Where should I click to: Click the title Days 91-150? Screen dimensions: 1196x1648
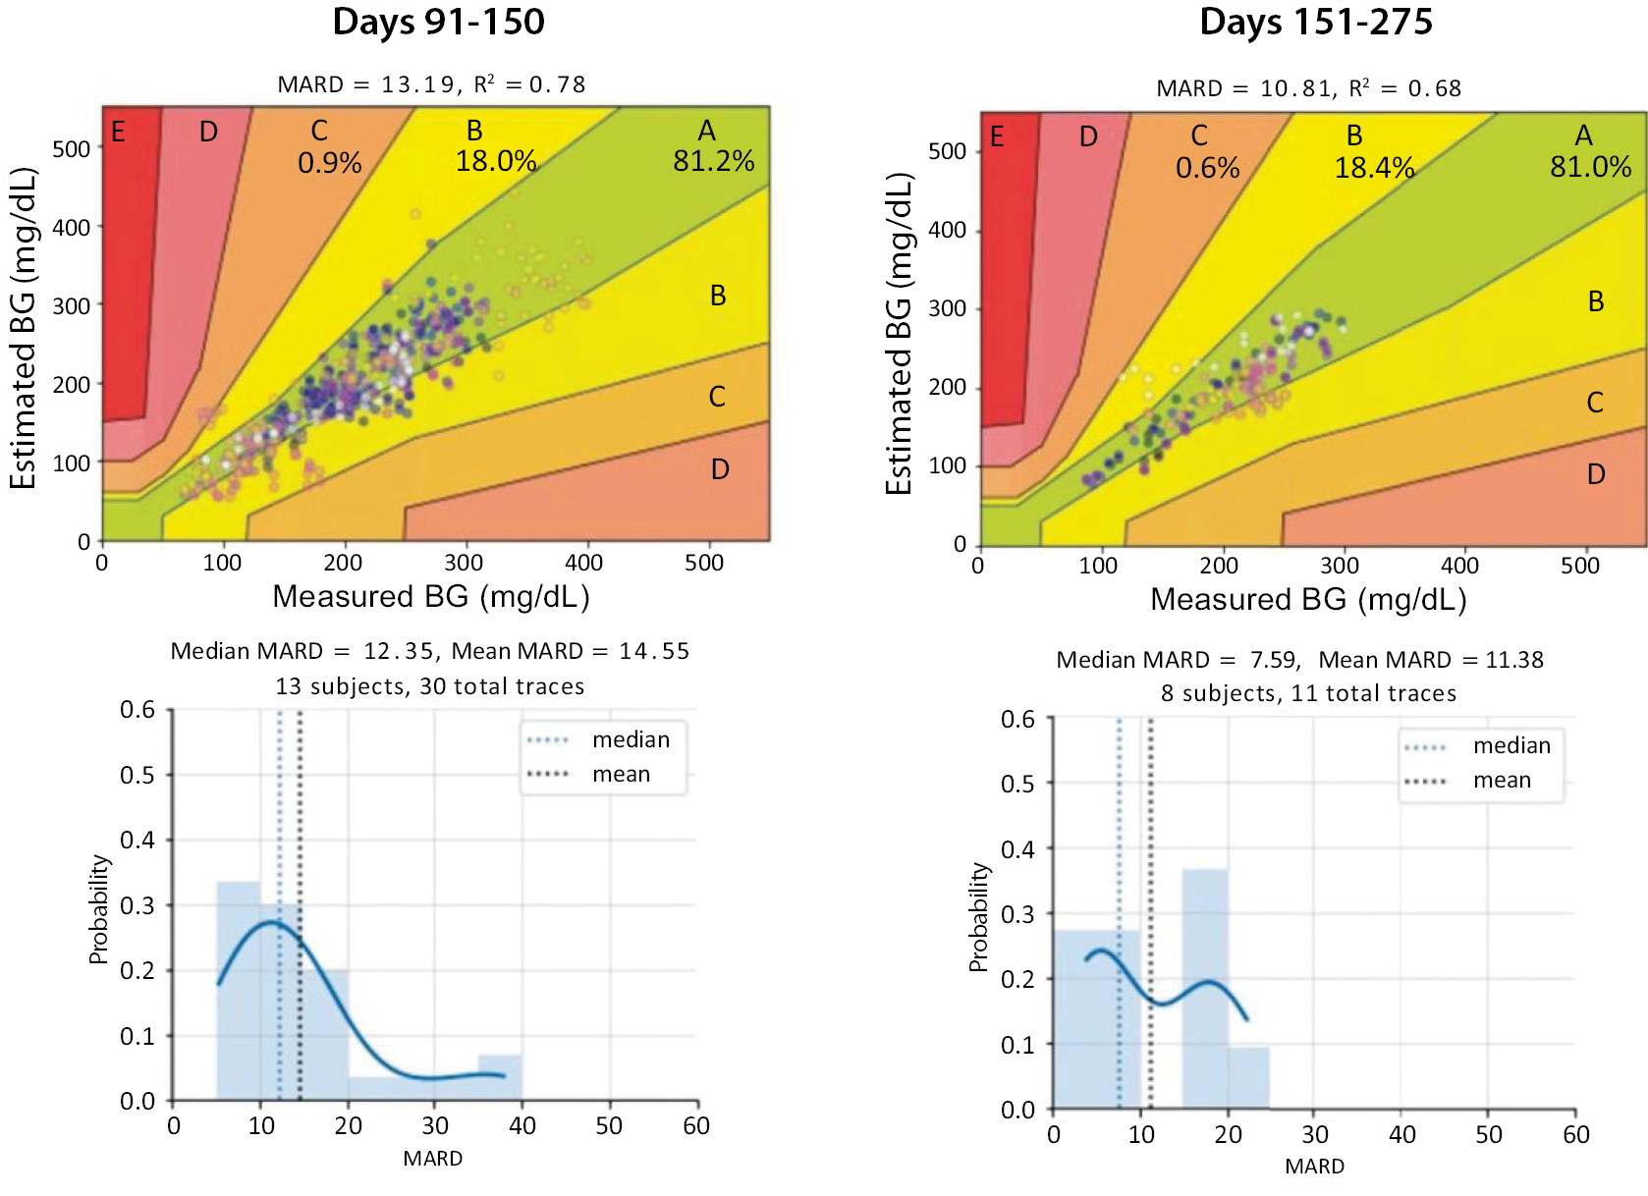[x=438, y=22]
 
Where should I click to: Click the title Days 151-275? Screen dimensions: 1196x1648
[x=1316, y=22]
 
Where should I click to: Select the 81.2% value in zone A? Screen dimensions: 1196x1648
[x=713, y=161]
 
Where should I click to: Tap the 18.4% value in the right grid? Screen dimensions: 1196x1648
[x=1374, y=168]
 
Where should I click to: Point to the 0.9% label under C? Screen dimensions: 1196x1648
[x=330, y=163]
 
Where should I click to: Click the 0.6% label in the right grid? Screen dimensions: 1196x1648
[x=1207, y=168]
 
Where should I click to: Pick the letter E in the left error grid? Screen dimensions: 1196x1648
[x=118, y=132]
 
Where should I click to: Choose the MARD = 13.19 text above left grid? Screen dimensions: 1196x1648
[x=365, y=84]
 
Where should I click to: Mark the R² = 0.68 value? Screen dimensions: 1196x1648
[x=1405, y=88]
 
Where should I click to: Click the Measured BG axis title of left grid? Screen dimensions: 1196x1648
[x=430, y=597]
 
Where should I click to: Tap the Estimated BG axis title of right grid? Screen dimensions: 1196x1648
[x=899, y=334]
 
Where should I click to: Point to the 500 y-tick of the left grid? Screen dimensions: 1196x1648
[x=71, y=149]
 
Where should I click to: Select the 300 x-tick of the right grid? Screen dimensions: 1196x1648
[x=1339, y=566]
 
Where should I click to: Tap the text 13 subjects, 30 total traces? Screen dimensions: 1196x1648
[x=430, y=686]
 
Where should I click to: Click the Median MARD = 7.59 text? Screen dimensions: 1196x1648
[x=1178, y=660]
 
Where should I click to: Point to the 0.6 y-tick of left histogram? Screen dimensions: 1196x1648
[x=137, y=710]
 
